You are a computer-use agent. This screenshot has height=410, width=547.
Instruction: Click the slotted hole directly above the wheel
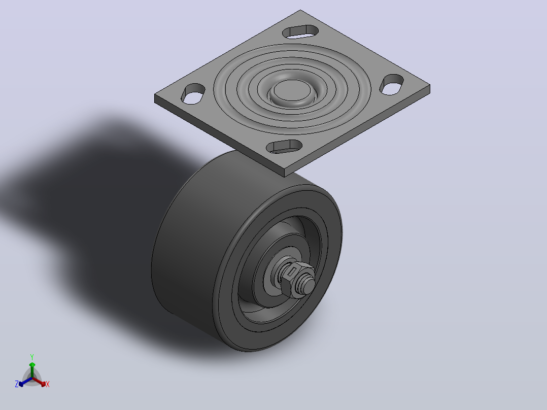coord(284,147)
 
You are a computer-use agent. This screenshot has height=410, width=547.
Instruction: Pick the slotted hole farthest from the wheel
coord(300,31)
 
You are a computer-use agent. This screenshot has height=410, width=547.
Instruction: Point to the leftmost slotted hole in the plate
coord(193,93)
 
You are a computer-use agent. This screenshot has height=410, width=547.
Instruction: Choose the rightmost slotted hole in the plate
coord(392,84)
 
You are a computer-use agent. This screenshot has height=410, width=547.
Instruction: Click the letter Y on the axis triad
coord(32,357)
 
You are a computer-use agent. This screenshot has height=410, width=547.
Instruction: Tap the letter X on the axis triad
coord(48,384)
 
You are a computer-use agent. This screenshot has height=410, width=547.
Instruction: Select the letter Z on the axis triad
coord(16,384)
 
